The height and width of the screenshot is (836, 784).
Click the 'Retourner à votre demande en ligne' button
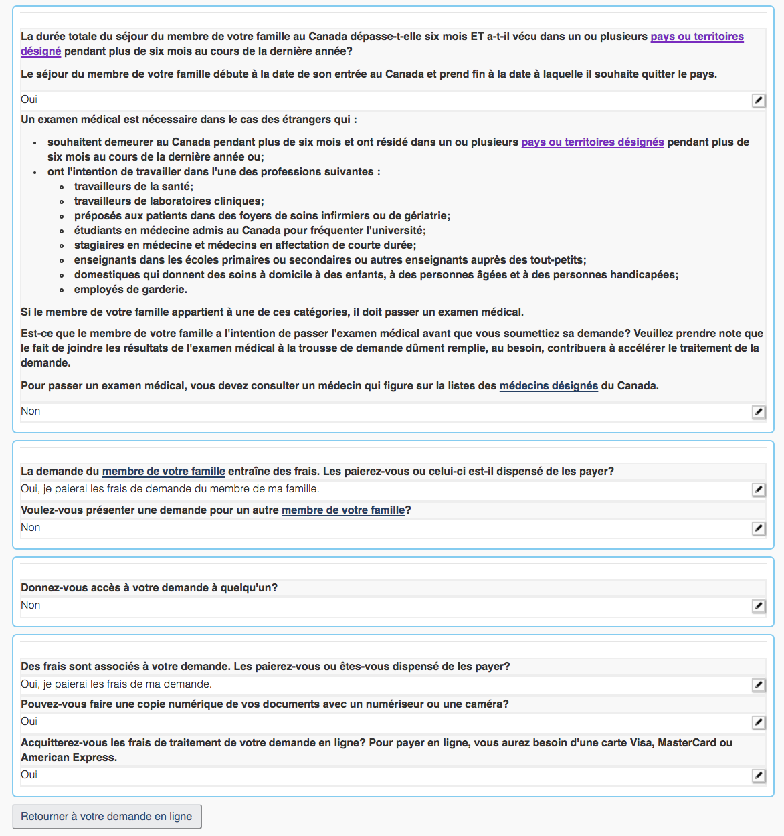pyautogui.click(x=106, y=817)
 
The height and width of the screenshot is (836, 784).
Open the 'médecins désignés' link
pyautogui.click(x=549, y=386)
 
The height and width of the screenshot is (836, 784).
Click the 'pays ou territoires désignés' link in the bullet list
pyautogui.click(x=592, y=142)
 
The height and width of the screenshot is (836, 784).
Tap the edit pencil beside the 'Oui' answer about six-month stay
pyautogui.click(x=759, y=100)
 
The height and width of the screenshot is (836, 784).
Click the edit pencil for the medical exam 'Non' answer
pyautogui.click(x=759, y=412)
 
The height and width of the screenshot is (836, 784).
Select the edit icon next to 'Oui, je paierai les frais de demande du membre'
pyautogui.click(x=759, y=490)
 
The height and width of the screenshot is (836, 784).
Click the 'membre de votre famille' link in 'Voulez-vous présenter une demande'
pyautogui.click(x=343, y=510)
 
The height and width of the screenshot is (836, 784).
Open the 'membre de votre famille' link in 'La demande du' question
pyautogui.click(x=163, y=472)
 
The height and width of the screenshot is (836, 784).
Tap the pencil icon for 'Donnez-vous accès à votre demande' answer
pyautogui.click(x=759, y=606)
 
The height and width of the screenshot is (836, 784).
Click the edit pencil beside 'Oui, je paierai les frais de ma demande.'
pyautogui.click(x=759, y=685)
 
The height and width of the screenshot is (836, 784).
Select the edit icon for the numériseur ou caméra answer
pyautogui.click(x=759, y=722)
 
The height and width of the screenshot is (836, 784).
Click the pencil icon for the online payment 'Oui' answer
pyautogui.click(x=759, y=776)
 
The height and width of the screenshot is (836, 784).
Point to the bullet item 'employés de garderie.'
pyautogui.click(x=130, y=290)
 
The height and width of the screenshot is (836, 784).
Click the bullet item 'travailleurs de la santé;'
pyautogui.click(x=133, y=187)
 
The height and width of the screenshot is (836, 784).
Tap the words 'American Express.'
pyautogui.click(x=69, y=758)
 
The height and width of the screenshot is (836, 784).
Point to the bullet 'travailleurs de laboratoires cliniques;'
pyautogui.click(x=169, y=201)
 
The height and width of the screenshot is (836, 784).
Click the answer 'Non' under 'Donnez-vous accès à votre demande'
pyautogui.click(x=31, y=605)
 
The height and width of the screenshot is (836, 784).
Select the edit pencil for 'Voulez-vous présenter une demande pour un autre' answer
pyautogui.click(x=759, y=528)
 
